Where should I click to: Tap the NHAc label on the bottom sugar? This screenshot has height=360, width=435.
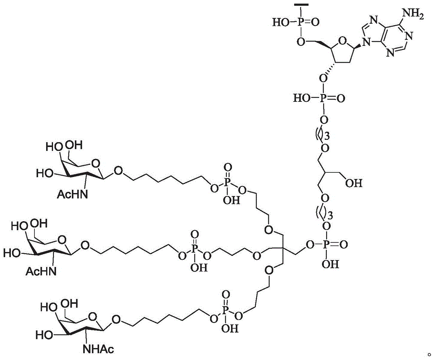pos(98,349)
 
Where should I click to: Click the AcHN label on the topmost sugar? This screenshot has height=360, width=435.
pos(72,194)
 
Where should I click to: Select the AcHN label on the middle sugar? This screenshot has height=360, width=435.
pos(41,271)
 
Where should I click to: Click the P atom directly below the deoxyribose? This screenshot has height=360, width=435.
pos(323,98)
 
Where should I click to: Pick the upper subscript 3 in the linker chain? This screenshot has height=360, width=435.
pos(328,136)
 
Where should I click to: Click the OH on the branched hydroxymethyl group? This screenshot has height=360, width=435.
pos(354,183)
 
